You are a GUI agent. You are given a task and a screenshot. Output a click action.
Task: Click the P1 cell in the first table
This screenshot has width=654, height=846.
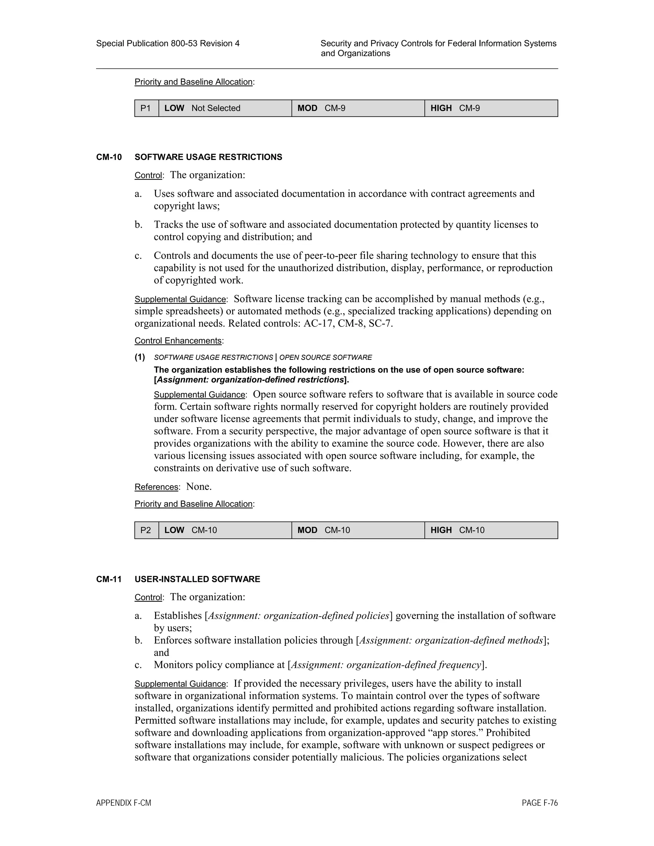[x=146, y=108]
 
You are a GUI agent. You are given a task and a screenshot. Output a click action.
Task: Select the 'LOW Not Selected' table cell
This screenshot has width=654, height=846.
[x=225, y=108]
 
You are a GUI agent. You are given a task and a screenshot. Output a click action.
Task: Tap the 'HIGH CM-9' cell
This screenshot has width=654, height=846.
[x=491, y=108]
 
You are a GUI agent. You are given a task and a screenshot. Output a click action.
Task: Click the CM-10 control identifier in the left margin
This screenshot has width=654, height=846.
[x=109, y=157]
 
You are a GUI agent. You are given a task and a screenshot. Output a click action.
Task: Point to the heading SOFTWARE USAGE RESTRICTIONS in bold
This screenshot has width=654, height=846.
[x=208, y=157]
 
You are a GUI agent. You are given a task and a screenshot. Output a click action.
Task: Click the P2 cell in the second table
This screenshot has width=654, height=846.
[x=146, y=530]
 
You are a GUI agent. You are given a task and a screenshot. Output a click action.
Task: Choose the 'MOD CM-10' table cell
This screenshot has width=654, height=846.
[x=358, y=530]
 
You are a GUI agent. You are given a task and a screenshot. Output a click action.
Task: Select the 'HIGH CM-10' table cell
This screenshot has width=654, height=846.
[x=491, y=530]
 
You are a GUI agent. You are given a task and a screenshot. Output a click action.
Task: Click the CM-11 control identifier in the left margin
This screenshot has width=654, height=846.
[x=109, y=579]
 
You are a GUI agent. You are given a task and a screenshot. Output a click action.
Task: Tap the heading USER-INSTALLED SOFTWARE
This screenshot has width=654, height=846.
[x=197, y=579]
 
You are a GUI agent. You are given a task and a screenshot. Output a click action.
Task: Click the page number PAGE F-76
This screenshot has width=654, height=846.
[x=539, y=803]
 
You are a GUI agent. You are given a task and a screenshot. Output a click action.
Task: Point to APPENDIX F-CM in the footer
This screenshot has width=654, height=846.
[x=124, y=803]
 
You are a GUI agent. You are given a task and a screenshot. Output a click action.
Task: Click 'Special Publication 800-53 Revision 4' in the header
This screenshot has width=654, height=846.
[x=167, y=43]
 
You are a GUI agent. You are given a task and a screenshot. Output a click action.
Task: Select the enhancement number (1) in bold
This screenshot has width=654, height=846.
[x=140, y=357]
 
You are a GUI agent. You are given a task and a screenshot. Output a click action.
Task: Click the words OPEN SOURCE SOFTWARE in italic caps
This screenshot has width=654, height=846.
[x=325, y=357]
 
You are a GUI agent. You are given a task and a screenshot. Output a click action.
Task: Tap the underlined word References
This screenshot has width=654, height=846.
[x=156, y=487]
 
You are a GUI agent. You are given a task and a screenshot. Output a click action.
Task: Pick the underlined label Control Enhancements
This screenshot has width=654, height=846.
[x=178, y=341]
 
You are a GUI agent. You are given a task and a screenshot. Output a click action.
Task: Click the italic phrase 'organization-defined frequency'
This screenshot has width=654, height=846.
[x=414, y=665]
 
